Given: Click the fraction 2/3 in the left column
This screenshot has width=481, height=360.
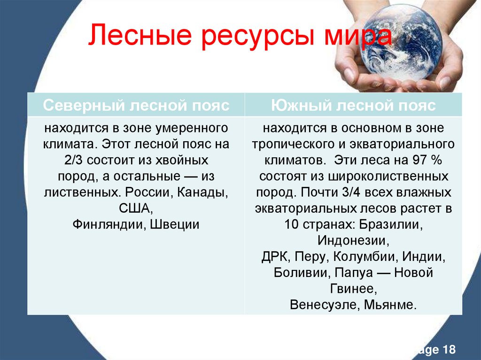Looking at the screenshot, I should (74, 160).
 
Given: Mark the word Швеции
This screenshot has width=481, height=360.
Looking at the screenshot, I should (175, 224).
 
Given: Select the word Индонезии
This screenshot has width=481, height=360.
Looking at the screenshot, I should (353, 241).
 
